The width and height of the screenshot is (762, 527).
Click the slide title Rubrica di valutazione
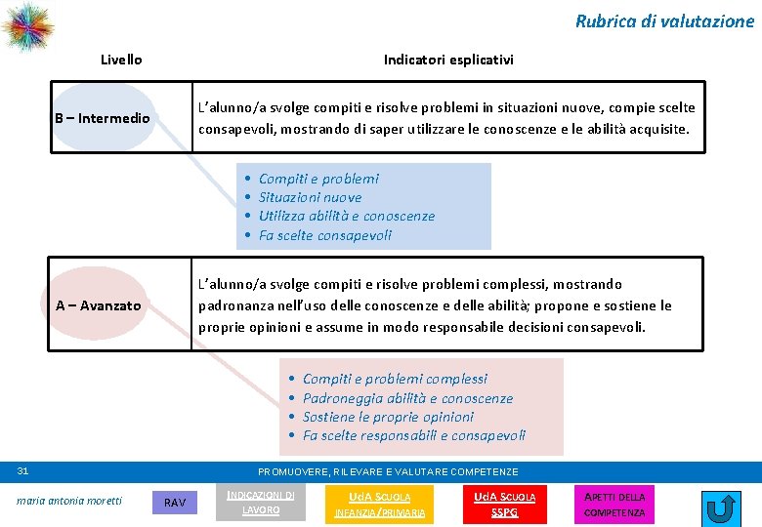664,20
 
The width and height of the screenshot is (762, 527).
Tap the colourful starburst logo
26,26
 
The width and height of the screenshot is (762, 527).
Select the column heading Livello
121,60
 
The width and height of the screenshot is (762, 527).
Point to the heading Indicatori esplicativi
448,60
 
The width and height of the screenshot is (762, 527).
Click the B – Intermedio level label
103,119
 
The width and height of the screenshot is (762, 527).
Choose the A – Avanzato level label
98,305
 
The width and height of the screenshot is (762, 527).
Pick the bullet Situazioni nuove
310,197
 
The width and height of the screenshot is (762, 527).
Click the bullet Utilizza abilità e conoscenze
346,216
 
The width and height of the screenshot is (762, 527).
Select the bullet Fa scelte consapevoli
324,235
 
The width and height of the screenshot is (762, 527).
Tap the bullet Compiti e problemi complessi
395,379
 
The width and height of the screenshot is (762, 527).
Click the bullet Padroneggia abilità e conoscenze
407,398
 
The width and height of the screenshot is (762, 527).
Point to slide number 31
23,471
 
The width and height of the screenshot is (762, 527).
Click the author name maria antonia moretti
69,501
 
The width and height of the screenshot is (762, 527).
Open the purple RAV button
175,503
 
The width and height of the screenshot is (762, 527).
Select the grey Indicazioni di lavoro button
261,502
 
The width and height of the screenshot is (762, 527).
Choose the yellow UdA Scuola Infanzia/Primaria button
380,504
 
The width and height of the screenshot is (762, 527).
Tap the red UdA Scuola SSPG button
504,504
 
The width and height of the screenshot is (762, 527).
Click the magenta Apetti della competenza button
614,504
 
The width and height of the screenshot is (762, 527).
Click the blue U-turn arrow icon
721,508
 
